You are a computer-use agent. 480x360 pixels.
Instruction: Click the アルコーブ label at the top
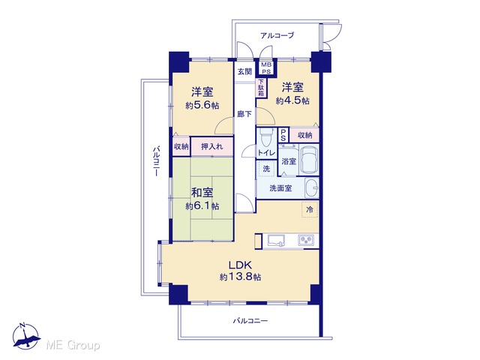coord(277,35)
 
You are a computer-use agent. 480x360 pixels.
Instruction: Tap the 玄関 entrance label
coord(245,72)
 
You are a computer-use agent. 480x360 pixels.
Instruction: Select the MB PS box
coord(266,68)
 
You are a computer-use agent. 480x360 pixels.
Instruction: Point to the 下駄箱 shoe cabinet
coord(261,88)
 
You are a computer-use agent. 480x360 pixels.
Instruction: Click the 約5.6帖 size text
coord(202,106)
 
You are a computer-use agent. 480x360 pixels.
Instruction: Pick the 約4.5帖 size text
coord(292,100)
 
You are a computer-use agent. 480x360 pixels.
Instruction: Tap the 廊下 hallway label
coord(245,114)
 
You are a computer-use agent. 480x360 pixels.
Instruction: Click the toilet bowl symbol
coord(266,137)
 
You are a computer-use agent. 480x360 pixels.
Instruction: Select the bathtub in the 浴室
coord(309,160)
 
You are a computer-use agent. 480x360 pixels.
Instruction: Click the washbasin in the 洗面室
coord(312,187)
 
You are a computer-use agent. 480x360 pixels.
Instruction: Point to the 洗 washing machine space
coord(267,168)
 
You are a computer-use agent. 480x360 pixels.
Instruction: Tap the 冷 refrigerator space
coord(310,210)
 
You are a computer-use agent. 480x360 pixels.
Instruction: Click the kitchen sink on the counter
coord(276,240)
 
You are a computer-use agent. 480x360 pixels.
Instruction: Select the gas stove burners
coord(306,240)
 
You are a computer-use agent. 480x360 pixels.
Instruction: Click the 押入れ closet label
coord(211,147)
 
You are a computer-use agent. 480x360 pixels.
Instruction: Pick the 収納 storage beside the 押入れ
coord(181,147)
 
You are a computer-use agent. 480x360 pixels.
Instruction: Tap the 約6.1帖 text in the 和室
coord(202,206)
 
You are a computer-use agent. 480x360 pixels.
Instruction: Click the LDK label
coord(240,265)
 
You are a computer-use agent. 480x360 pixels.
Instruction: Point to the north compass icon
coord(26,337)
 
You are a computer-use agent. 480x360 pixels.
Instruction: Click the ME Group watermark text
coord(73,345)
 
